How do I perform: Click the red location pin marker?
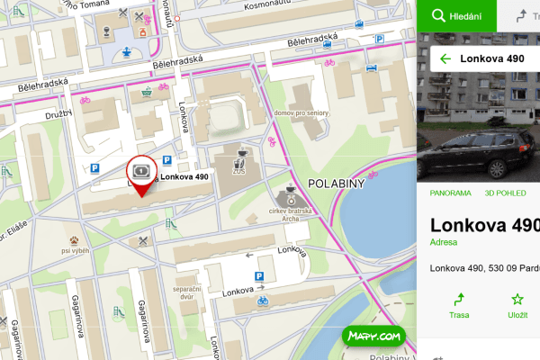tap(140, 171)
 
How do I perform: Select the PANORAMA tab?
tap(450, 193)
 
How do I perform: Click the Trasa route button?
tap(458, 306)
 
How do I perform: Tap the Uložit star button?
tap(517, 306)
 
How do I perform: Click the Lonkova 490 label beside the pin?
tap(185, 177)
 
